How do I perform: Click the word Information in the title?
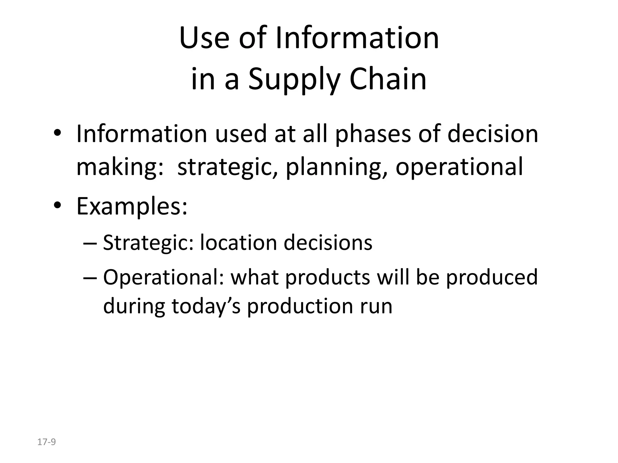(357, 39)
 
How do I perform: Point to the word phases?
(373, 134)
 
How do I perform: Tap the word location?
(238, 243)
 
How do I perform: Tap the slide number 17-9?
(46, 442)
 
